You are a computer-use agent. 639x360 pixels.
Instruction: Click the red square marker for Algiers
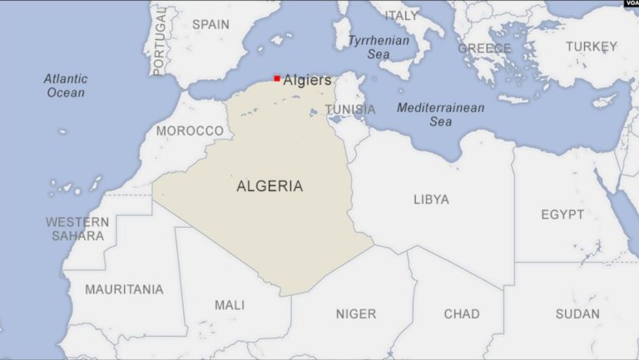(277, 78)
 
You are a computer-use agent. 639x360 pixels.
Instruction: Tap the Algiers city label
(307, 80)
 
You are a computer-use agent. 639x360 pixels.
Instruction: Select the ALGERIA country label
(270, 186)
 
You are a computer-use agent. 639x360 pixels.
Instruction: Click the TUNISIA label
(349, 109)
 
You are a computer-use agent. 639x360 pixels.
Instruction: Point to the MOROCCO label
(190, 131)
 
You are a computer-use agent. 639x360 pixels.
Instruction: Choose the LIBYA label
(431, 200)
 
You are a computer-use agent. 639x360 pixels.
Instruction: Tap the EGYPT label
(562, 215)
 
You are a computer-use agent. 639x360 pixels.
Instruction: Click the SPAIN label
(211, 24)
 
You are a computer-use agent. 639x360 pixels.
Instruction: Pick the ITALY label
(401, 15)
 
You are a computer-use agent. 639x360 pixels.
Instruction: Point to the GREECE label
(484, 48)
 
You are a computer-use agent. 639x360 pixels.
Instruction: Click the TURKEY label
(592, 47)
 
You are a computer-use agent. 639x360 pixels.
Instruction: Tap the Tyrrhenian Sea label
(379, 47)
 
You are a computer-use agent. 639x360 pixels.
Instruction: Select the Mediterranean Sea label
(440, 114)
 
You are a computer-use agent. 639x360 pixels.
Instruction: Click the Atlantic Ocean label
(66, 86)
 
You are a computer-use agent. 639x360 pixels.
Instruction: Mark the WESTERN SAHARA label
(77, 229)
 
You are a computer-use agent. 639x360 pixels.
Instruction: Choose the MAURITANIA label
(125, 289)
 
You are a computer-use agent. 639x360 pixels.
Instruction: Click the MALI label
(230, 305)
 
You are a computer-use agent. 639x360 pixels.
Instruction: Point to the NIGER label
(355, 313)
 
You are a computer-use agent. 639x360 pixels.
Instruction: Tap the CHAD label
(462, 313)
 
